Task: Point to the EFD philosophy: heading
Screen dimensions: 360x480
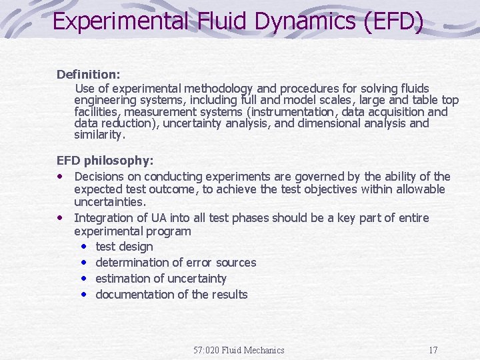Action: click(105, 161)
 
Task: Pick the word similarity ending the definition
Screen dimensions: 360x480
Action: click(99, 135)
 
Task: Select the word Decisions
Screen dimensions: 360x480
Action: click(101, 177)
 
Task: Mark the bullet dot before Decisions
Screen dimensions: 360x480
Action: click(61, 177)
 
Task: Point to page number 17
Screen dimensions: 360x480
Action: click(433, 350)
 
